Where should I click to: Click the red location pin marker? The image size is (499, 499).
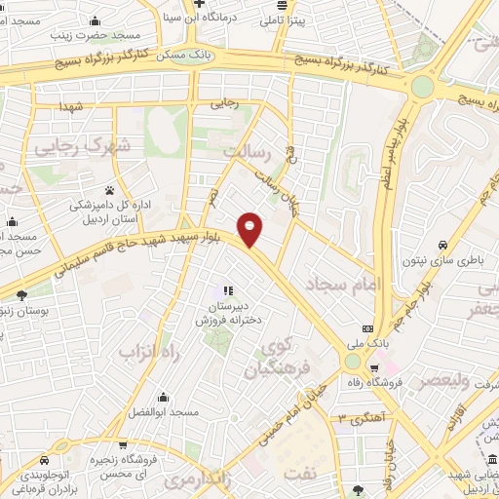[x=250, y=229]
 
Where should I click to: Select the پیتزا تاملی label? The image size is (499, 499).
[x=286, y=19]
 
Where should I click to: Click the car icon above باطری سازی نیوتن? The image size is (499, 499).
[x=443, y=245]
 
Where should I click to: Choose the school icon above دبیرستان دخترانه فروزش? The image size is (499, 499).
[x=228, y=289]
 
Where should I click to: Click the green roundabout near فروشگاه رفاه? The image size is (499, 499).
[x=352, y=362]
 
